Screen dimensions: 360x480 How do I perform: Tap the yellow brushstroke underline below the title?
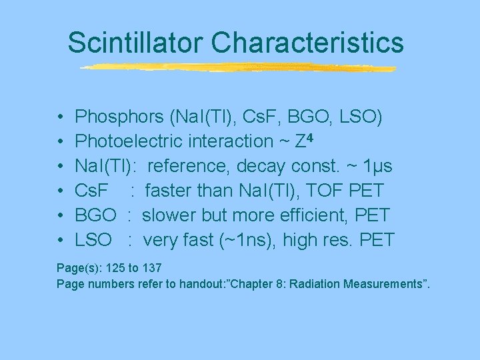click(237, 67)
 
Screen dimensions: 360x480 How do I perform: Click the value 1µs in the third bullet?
click(376, 167)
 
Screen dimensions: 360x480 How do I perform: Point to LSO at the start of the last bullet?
click(93, 241)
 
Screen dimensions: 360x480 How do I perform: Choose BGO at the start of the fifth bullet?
click(95, 216)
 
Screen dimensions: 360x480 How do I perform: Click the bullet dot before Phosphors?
click(61, 118)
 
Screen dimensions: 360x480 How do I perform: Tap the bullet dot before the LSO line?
click(61, 241)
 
